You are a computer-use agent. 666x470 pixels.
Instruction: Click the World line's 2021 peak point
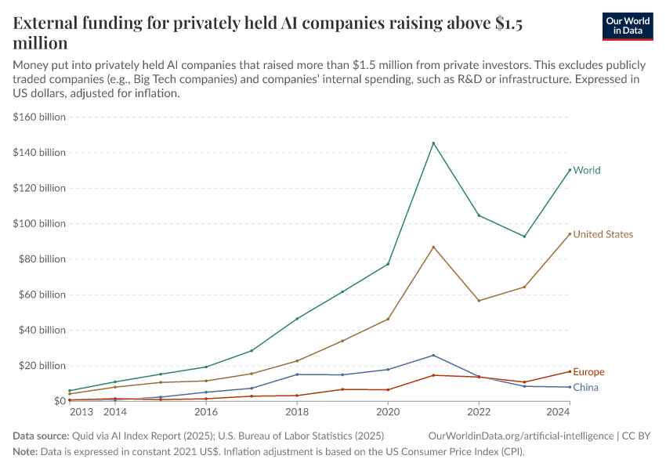click(x=433, y=143)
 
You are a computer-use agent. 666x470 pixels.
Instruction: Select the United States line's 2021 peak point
click(x=433, y=247)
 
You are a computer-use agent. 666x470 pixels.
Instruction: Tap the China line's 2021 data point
click(x=433, y=355)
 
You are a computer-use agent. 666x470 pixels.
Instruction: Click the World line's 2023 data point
click(x=524, y=237)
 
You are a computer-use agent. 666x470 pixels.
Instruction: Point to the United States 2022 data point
click(x=479, y=301)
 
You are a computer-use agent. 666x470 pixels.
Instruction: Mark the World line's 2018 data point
click(x=297, y=319)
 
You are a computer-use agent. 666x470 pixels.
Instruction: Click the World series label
click(x=587, y=170)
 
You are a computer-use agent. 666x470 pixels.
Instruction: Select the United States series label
click(x=603, y=234)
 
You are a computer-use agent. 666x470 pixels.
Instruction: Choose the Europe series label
click(x=588, y=372)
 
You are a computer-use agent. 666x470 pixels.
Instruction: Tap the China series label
click(x=585, y=388)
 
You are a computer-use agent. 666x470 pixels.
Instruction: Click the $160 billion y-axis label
click(x=38, y=117)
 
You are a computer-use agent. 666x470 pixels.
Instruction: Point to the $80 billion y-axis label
click(x=41, y=259)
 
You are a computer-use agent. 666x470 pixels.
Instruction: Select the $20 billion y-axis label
click(x=41, y=366)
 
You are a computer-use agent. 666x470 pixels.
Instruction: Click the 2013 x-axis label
click(x=81, y=411)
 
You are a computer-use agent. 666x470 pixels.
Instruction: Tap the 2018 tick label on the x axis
click(x=297, y=411)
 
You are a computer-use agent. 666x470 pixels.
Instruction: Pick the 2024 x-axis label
click(x=557, y=411)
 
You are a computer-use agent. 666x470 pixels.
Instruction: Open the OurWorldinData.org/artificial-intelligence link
click(x=521, y=435)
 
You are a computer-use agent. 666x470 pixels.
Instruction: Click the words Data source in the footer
click(x=40, y=435)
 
